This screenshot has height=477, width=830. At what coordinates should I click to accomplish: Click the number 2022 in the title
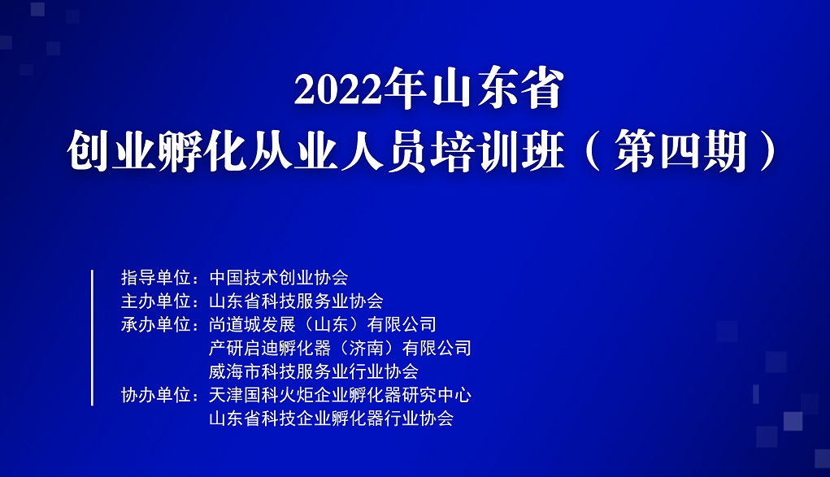337,89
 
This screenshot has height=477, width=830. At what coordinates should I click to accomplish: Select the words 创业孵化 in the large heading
157,151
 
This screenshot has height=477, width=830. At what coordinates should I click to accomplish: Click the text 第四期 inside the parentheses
680,151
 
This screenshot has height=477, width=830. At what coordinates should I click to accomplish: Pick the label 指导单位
155,277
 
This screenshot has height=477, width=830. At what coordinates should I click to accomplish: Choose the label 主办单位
155,301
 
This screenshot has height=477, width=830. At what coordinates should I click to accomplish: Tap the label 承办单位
155,324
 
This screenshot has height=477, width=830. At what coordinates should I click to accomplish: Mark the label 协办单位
155,395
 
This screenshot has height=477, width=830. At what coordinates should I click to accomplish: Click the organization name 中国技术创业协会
279,277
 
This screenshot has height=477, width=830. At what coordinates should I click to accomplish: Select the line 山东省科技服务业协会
296,301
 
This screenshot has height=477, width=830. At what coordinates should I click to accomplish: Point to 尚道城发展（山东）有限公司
323,324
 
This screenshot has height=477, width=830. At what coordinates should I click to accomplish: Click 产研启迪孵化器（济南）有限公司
340,348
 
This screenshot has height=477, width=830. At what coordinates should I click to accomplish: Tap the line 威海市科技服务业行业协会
313,371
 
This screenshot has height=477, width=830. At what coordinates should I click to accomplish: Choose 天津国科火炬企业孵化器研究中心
340,395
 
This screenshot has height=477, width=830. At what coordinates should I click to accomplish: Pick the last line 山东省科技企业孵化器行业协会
332,418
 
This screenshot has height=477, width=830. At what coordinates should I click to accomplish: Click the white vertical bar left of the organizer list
92,338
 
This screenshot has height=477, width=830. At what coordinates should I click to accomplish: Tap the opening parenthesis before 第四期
593,151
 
